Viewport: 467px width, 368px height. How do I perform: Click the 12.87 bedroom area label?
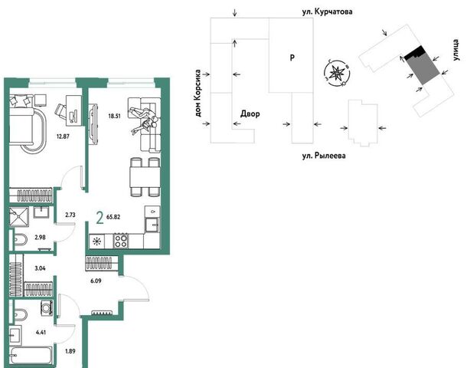(63, 136)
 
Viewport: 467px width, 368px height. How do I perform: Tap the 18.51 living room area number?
(114, 116)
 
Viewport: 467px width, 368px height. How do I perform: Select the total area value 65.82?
(113, 217)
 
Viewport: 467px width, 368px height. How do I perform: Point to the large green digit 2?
(100, 218)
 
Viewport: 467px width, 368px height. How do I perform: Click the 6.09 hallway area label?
(96, 281)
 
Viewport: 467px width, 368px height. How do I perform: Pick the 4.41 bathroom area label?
(41, 332)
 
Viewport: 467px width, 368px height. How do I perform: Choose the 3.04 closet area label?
(41, 268)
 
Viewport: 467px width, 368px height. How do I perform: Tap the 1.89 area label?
(70, 351)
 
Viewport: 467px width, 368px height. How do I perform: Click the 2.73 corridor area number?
(70, 215)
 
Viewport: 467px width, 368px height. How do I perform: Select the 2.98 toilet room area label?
(41, 238)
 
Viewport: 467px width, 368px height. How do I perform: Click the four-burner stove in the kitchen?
(121, 241)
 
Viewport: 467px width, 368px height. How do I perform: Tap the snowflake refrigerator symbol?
(96, 241)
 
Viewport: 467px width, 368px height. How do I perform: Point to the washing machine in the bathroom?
(47, 307)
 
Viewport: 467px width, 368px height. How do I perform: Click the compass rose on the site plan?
(337, 73)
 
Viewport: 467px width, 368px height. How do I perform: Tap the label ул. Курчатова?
(328, 12)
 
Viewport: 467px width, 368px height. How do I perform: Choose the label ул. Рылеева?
(324, 156)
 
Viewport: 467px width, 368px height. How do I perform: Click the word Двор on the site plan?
(250, 114)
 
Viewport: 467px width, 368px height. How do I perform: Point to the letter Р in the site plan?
(292, 58)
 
